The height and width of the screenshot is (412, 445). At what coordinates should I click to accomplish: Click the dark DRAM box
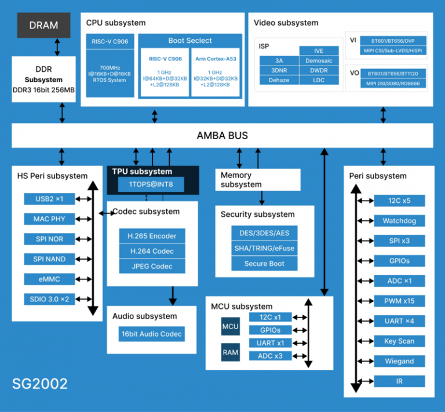[x=43, y=25]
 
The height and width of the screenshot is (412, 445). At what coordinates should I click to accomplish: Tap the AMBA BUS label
[x=222, y=136]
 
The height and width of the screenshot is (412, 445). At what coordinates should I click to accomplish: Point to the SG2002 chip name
[x=40, y=384]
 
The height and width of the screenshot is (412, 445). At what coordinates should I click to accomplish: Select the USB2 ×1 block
[x=49, y=199]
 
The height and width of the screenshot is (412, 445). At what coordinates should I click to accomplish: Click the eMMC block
[x=49, y=279]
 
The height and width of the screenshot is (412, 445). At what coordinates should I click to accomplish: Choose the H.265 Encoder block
[x=152, y=236]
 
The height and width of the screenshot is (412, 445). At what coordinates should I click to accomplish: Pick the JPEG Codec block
[x=152, y=267]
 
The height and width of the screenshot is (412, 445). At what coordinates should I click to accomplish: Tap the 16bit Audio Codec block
[x=152, y=334]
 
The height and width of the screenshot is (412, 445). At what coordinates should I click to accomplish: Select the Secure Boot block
[x=264, y=264]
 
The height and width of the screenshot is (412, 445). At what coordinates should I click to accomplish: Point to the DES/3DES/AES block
[x=264, y=233]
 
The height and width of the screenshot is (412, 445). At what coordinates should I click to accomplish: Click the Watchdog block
[x=399, y=221]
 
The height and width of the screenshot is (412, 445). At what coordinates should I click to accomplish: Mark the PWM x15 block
[x=399, y=301]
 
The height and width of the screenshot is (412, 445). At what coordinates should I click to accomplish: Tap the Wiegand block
[x=399, y=361]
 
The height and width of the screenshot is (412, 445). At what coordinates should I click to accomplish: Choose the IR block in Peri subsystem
[x=399, y=381]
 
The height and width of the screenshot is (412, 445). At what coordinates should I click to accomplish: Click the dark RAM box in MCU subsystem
[x=230, y=352]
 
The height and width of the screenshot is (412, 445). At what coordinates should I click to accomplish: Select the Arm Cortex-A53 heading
[x=215, y=58]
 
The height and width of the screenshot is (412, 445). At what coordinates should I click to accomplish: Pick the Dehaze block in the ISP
[x=279, y=80]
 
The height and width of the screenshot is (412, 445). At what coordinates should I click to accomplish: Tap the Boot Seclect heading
[x=190, y=41]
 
